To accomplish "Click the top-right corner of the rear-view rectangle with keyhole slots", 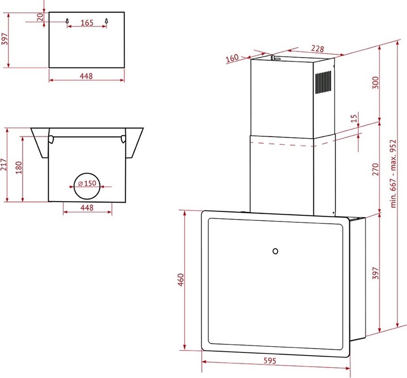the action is pos(124,12).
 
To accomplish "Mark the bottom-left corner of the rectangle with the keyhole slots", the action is pos(49,68).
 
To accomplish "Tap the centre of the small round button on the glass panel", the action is pos(275,251).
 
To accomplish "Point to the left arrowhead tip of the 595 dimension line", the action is pos(202,362).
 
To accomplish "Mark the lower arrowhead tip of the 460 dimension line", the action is pos(185,350).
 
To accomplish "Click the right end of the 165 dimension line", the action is pos(106,26).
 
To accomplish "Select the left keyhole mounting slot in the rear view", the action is pos(67,21).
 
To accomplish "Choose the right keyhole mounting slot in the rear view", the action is pos(106,21).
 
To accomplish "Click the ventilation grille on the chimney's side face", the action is pos(323,82).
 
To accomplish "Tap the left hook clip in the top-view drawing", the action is pos(51,139).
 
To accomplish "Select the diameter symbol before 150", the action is pos(80,184).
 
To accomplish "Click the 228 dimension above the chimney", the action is pos(318,48).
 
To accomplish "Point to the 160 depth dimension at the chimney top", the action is pos(232,58).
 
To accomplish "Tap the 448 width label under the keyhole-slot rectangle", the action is pos(86,76).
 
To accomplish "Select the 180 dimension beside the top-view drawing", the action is pos(19,168).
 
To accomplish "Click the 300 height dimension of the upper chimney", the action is pos(376,82).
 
